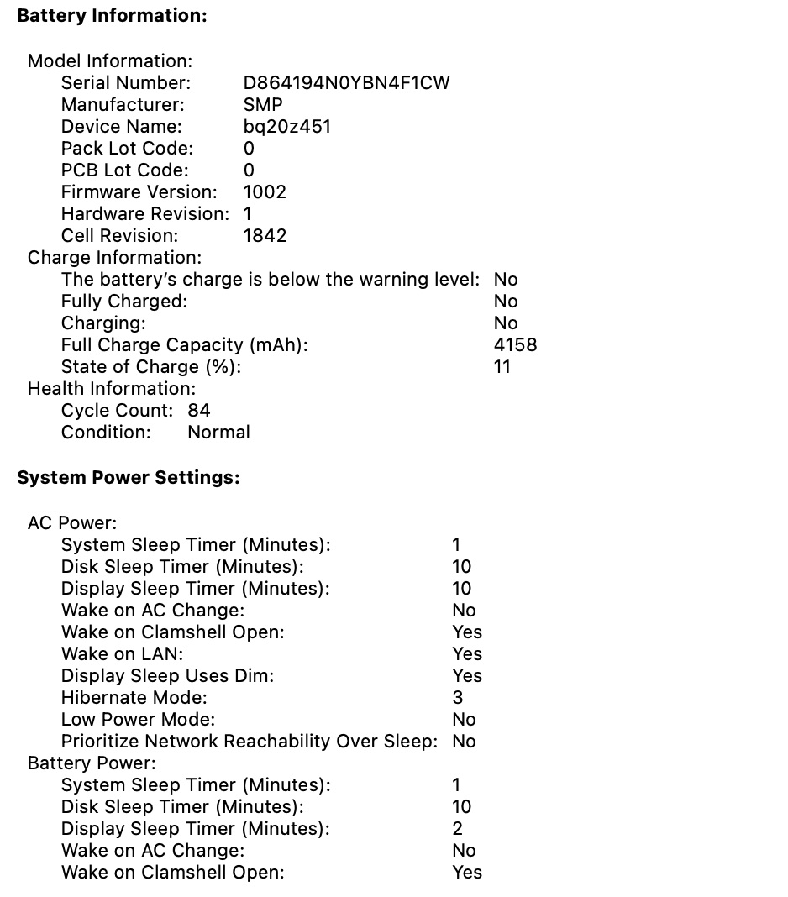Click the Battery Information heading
pos(112,16)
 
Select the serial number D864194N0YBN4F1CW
pos(346,83)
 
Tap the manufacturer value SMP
pos(263,105)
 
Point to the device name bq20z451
pos(286,127)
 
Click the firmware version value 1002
pos(265,192)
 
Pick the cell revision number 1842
pos(265,236)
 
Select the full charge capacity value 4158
pos(515,345)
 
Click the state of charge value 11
pos(502,367)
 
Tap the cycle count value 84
pos(199,411)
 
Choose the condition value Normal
pos(218,433)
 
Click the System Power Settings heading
pos(129,478)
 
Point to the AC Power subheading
pos(72,523)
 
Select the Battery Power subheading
pos(92,763)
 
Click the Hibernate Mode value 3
pos(457,698)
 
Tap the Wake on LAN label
pos(122,654)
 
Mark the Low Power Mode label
pos(138,720)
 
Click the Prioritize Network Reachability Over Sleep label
pos(250,742)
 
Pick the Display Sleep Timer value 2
pos(457,829)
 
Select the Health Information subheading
pos(111,389)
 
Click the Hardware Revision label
pos(144,214)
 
